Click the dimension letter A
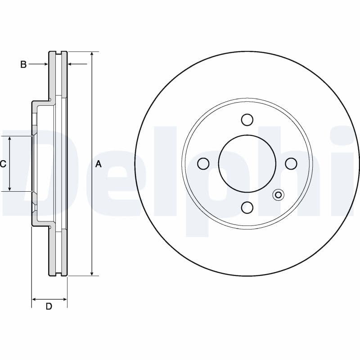(99, 164)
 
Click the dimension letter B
(23, 64)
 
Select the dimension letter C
(3, 164)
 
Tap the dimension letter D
(49, 306)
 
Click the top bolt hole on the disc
(247, 120)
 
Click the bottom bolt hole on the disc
(247, 207)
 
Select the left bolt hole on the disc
(203, 163)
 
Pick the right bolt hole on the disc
(291, 163)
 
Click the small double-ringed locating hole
(278, 195)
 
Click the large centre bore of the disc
(247, 163)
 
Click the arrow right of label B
(45, 64)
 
